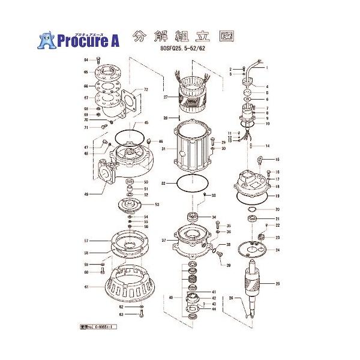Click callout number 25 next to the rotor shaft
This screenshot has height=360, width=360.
(x=277, y=283)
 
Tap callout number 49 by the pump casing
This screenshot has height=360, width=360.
(x=86, y=194)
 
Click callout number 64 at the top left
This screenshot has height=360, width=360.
(x=86, y=60)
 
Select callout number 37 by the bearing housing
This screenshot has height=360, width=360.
(x=163, y=240)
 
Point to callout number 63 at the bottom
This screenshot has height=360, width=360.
(x=121, y=314)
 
